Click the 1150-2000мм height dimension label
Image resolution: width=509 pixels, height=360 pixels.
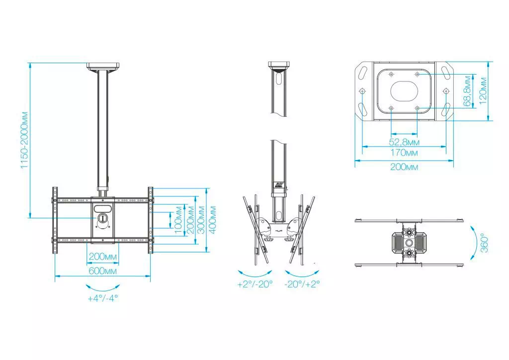(25, 140)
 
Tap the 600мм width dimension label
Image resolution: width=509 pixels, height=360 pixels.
(102, 270)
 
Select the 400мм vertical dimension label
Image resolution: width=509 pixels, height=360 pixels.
(212, 220)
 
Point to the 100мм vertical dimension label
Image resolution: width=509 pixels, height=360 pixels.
(178, 220)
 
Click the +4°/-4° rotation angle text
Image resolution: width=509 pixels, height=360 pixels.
(102, 298)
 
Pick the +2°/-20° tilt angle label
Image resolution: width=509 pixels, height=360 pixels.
(255, 284)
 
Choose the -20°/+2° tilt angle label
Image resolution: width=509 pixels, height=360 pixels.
(302, 284)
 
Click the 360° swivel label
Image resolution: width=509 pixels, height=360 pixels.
(484, 243)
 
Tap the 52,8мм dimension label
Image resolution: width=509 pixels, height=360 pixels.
(404, 142)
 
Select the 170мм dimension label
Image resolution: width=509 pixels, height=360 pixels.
(404, 152)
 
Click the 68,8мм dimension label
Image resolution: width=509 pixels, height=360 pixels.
(468, 91)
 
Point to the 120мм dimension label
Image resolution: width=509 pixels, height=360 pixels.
(483, 90)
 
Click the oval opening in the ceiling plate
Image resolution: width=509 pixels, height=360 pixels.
(404, 90)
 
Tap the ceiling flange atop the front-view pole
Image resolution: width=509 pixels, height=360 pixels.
(102, 67)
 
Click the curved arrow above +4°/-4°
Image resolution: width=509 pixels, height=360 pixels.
(102, 287)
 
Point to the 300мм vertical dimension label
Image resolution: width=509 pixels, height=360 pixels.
(201, 220)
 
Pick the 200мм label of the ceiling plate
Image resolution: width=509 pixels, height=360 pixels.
(404, 167)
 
